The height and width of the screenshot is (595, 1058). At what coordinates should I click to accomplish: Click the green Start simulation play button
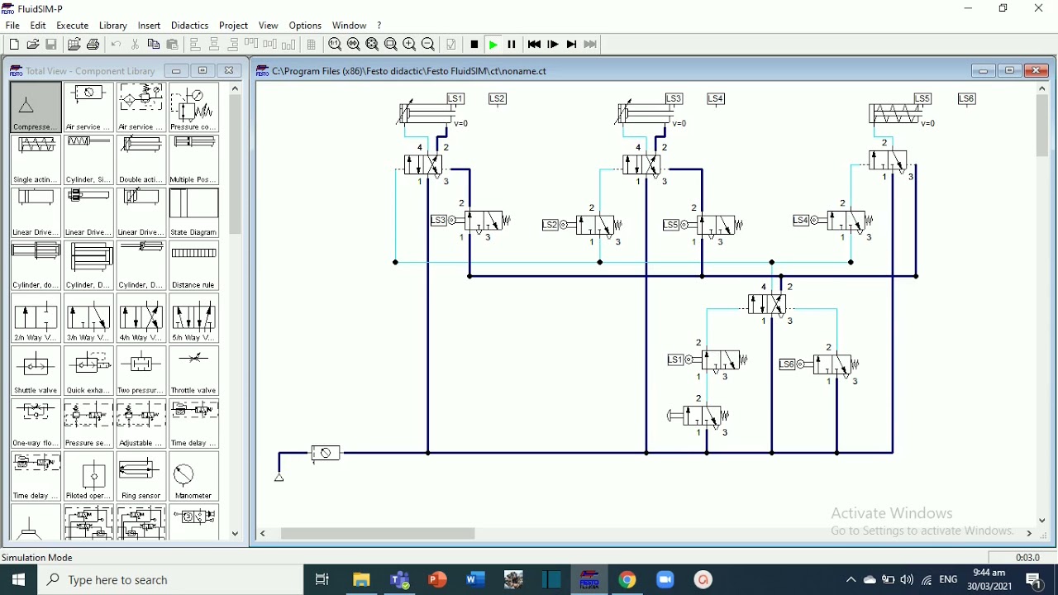(x=493, y=45)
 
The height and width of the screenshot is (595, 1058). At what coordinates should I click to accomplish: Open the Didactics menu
(x=189, y=26)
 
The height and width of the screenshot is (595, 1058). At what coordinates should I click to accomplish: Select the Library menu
(x=113, y=26)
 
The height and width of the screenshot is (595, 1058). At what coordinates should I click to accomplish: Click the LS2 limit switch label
(x=498, y=99)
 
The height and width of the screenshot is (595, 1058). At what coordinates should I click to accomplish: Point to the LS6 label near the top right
(x=967, y=99)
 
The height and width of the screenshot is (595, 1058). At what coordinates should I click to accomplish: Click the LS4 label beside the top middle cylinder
(x=716, y=99)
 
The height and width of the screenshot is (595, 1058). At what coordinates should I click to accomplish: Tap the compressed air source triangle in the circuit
(x=279, y=477)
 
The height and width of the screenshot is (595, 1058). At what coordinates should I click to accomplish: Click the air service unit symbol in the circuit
(x=326, y=453)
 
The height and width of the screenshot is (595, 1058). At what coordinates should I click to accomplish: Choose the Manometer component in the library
(x=194, y=477)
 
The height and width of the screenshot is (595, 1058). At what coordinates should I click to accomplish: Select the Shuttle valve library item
(x=36, y=371)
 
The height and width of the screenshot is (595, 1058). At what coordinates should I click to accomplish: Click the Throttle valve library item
(x=194, y=371)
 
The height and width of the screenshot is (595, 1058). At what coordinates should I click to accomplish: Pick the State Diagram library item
(x=194, y=212)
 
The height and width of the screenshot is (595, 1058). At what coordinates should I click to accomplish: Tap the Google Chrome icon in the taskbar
(x=628, y=580)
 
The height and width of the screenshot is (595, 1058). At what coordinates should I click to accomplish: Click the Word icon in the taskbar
(x=475, y=580)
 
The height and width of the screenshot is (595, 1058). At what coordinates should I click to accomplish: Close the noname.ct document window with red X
(x=1037, y=71)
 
